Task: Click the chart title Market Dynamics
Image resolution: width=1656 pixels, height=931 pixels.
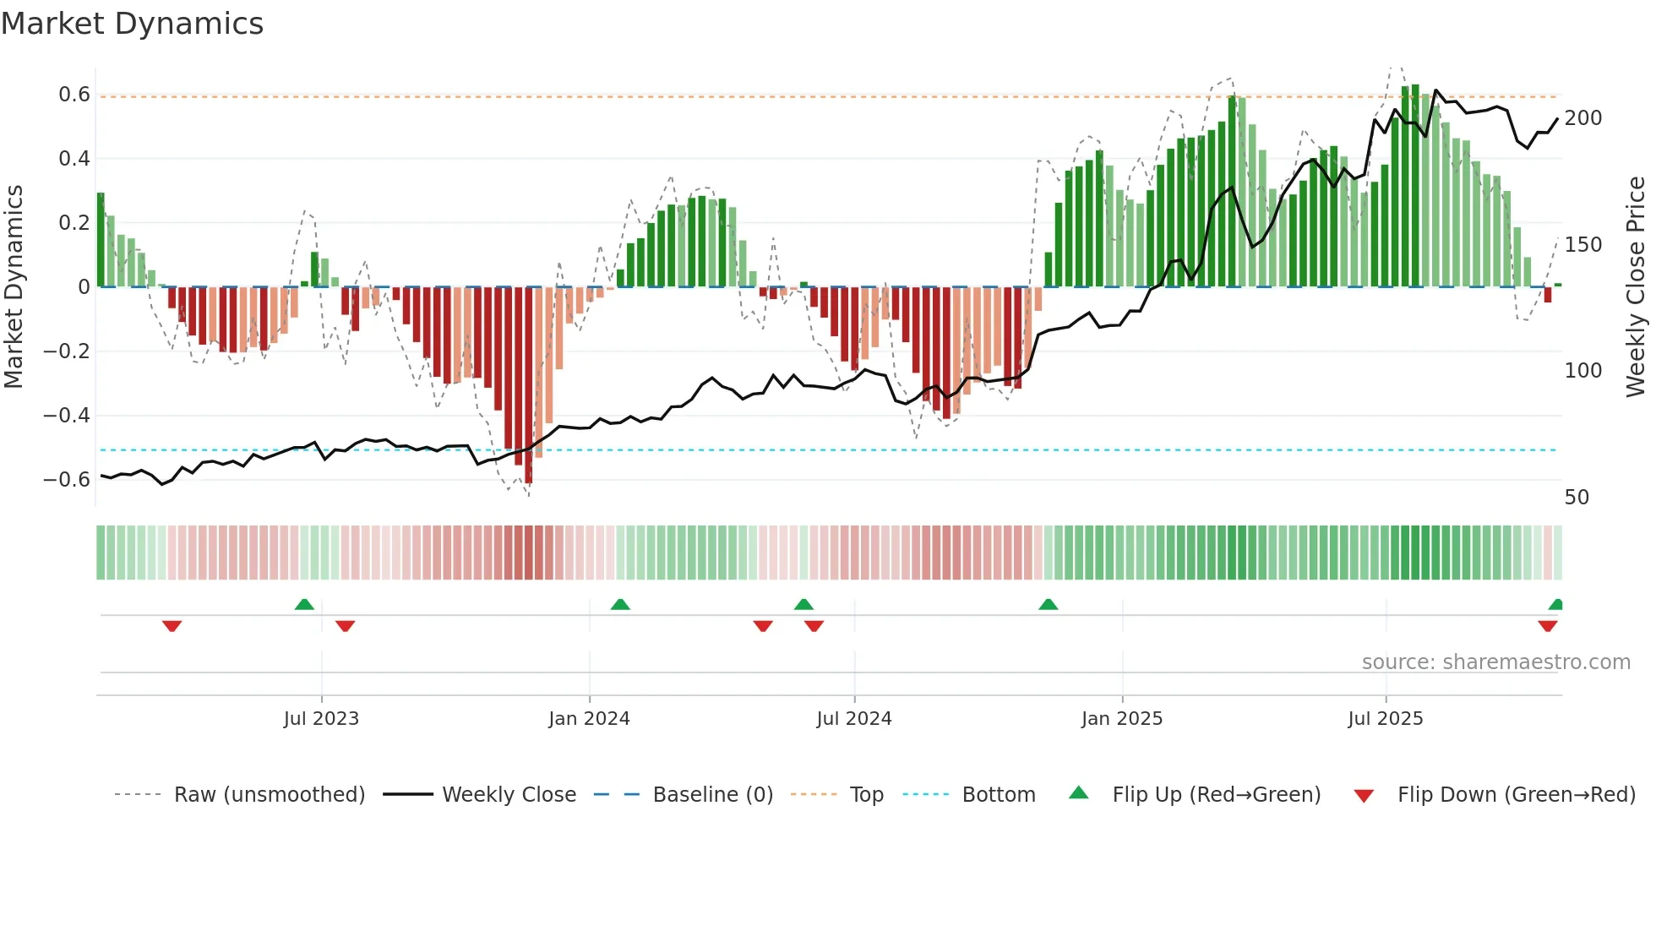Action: pyautogui.click(x=132, y=24)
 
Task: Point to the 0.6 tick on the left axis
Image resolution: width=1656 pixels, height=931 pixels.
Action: pyautogui.click(x=74, y=95)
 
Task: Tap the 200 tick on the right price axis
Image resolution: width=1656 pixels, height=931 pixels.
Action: pyautogui.click(x=1582, y=118)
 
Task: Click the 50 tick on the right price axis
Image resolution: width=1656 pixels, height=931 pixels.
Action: pyautogui.click(x=1577, y=498)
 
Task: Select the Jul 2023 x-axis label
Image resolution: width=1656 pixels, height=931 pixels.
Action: pyautogui.click(x=321, y=719)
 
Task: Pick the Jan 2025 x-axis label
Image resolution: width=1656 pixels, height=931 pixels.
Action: pyautogui.click(x=1122, y=719)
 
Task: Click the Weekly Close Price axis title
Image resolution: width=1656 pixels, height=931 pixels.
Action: pyautogui.click(x=1636, y=287)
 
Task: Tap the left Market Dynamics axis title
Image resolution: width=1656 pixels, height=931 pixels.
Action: pyautogui.click(x=14, y=287)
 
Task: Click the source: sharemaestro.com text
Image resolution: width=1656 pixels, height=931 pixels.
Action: pyautogui.click(x=1495, y=662)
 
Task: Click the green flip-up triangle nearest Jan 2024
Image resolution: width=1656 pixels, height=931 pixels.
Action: pyautogui.click(x=620, y=604)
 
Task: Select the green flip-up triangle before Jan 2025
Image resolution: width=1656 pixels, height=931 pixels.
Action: pyautogui.click(x=1048, y=604)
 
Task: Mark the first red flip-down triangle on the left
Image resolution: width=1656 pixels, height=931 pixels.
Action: pyautogui.click(x=172, y=626)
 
